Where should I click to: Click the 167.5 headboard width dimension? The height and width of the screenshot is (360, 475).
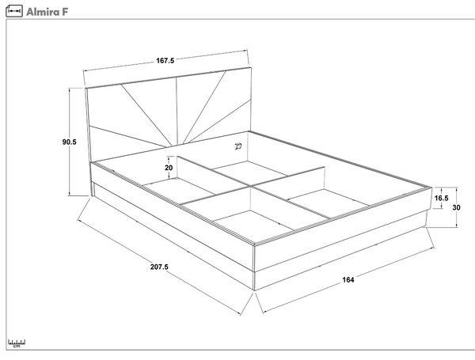tap(165, 61)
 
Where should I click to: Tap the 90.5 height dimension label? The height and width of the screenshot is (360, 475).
tap(70, 142)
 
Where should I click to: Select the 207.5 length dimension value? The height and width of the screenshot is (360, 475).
tap(159, 267)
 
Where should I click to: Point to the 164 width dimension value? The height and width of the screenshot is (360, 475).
tap(348, 280)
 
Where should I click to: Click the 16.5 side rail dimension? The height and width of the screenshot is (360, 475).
tap(442, 198)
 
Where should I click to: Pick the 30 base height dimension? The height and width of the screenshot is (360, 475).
tap(456, 207)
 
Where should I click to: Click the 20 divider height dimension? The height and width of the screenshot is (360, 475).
tap(169, 168)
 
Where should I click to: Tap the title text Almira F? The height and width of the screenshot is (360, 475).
tap(47, 12)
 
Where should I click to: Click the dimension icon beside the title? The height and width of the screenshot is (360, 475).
tap(14, 11)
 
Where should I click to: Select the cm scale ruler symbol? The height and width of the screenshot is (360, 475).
tap(17, 343)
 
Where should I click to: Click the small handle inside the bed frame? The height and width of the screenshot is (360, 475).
tap(238, 146)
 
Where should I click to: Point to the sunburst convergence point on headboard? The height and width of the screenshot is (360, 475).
tap(177, 146)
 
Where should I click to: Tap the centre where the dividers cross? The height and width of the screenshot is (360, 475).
tap(251, 186)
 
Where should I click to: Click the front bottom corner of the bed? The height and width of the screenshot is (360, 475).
tap(254, 290)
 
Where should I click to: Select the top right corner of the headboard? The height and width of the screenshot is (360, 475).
tap(251, 67)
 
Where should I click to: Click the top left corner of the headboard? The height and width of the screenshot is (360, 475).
tap(85, 88)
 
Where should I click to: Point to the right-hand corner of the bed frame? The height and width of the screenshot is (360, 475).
tap(431, 188)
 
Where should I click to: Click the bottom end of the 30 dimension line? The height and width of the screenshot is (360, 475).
tap(456, 227)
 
